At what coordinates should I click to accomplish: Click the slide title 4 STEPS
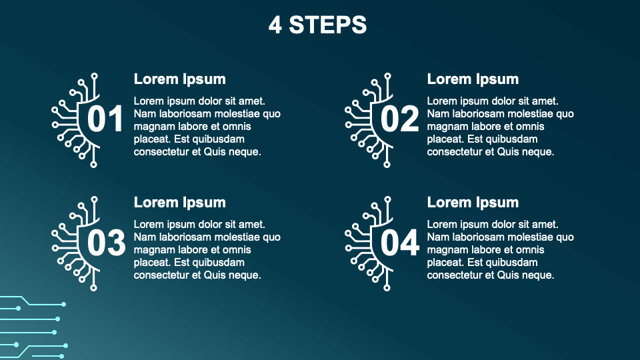(317, 25)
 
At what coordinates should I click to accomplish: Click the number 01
(105, 119)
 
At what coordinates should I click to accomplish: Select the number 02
(399, 119)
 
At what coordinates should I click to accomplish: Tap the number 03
(106, 243)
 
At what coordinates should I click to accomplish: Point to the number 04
(400, 243)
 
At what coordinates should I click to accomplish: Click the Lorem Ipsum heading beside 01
(179, 79)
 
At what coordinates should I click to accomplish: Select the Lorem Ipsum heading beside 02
(473, 79)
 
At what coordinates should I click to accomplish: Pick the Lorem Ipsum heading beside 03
(179, 203)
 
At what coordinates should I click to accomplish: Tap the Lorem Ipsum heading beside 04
(473, 203)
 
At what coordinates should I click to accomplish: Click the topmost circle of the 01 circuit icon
(94, 76)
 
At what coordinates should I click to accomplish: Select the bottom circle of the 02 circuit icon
(387, 165)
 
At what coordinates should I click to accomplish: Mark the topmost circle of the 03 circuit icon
(94, 199)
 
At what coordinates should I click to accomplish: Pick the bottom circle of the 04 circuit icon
(387, 288)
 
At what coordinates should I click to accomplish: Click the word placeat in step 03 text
(152, 263)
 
